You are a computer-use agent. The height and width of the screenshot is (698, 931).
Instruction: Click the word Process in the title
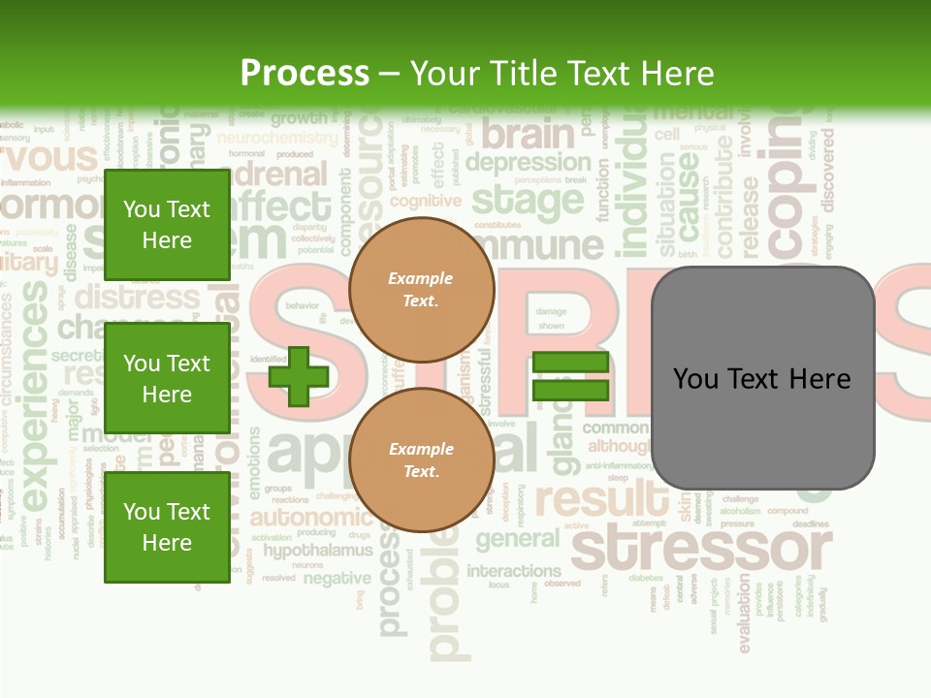pos(305,73)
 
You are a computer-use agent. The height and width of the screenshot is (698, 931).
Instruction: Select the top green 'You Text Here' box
pos(167,225)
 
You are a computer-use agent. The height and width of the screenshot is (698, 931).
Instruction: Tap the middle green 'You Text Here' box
pos(167,378)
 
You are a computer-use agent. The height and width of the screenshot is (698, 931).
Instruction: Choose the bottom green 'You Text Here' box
pos(167,526)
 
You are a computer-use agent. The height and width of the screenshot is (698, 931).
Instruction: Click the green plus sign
pos(298,376)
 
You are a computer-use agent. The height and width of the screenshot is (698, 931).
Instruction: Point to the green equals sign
pos(570,376)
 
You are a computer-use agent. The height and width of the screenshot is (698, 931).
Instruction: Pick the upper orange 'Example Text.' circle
pos(421,289)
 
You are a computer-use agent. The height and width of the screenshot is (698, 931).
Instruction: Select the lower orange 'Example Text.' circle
pos(421,460)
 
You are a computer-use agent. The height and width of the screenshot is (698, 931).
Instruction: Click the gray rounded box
pos(762,378)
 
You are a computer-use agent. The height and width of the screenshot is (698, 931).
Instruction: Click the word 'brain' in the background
pos(528,134)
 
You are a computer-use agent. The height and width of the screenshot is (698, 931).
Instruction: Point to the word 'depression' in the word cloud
pos(528,162)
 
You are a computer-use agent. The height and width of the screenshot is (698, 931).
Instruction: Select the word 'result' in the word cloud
pos(601,500)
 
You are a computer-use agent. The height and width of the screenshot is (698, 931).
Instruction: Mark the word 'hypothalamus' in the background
pos(318,551)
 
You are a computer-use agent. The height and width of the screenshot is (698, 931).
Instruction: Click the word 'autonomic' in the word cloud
pos(310,517)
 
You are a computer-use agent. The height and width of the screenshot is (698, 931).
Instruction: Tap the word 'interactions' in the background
pos(514,570)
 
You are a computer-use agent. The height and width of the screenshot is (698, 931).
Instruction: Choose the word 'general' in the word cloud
pos(517,539)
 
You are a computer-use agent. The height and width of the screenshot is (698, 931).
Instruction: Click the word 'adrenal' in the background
pos(282,174)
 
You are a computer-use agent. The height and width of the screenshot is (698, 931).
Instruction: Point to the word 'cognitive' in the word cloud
pos(425,201)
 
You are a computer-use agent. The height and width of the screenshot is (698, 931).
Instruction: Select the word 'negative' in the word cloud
pos(337,579)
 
